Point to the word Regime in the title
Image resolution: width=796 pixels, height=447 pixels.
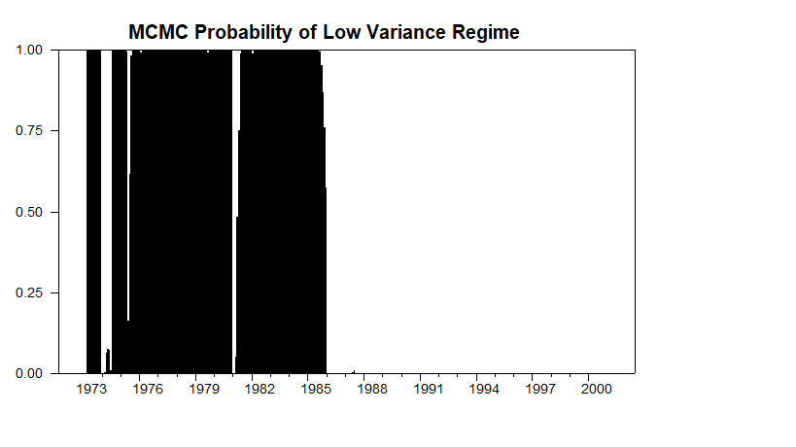pyautogui.click(x=486, y=32)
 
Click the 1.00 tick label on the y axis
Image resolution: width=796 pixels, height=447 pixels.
pyautogui.click(x=28, y=50)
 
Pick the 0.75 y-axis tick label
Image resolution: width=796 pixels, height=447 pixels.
pyautogui.click(x=28, y=130)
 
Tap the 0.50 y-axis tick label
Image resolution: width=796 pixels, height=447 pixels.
pyautogui.click(x=28, y=212)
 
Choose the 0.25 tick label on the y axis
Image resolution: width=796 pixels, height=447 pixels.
pyautogui.click(x=28, y=292)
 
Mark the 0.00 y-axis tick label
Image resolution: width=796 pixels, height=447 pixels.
pyautogui.click(x=28, y=373)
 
